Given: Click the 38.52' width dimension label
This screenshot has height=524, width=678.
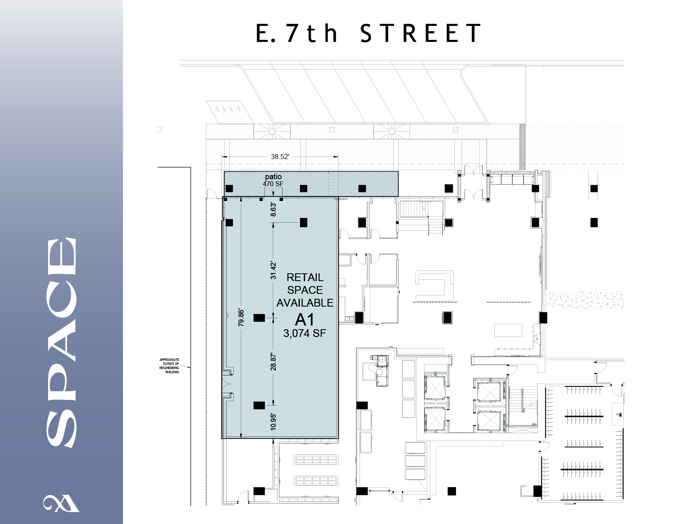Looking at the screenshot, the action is [280, 157].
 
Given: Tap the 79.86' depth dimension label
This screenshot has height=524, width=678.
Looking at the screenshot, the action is [241, 318].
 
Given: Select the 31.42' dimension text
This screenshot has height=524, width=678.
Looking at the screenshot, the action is [273, 270].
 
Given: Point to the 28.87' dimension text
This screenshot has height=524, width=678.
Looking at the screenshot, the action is [273, 362].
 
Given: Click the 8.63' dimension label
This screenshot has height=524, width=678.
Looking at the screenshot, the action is [273, 210].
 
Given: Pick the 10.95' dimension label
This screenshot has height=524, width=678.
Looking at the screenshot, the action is [273, 422].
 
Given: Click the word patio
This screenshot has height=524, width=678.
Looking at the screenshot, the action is [273, 177].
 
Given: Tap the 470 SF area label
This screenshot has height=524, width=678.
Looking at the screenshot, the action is [273, 184].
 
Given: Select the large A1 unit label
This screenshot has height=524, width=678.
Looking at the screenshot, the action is [304, 320].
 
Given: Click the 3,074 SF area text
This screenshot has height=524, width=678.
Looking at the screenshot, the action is [304, 333].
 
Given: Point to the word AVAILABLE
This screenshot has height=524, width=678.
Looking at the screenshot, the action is [305, 303].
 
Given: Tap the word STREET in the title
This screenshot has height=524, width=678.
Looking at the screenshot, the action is [420, 33].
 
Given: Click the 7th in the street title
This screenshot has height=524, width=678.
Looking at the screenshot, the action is [312, 33].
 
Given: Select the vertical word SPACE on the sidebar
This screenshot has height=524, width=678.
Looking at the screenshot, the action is [62, 343].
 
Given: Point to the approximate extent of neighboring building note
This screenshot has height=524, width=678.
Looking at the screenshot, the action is [169, 366].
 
